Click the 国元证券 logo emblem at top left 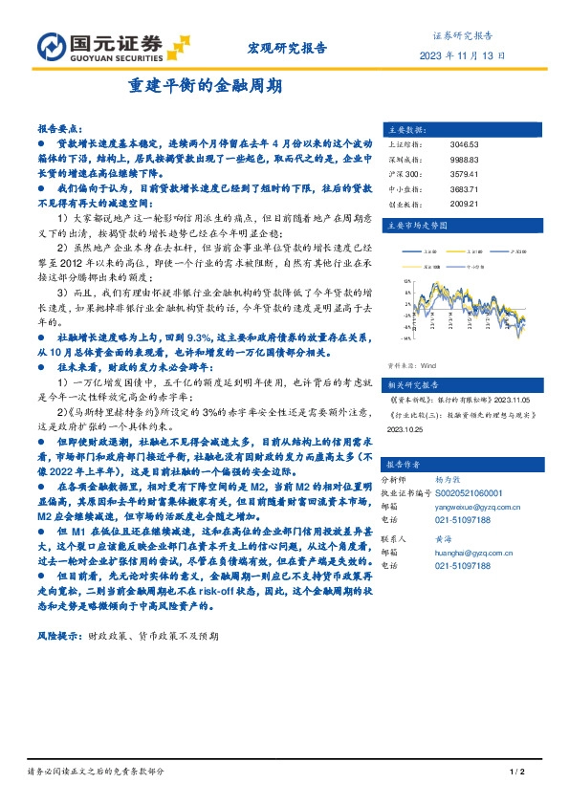pos(49,45)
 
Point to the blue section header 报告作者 pos(407,464)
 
